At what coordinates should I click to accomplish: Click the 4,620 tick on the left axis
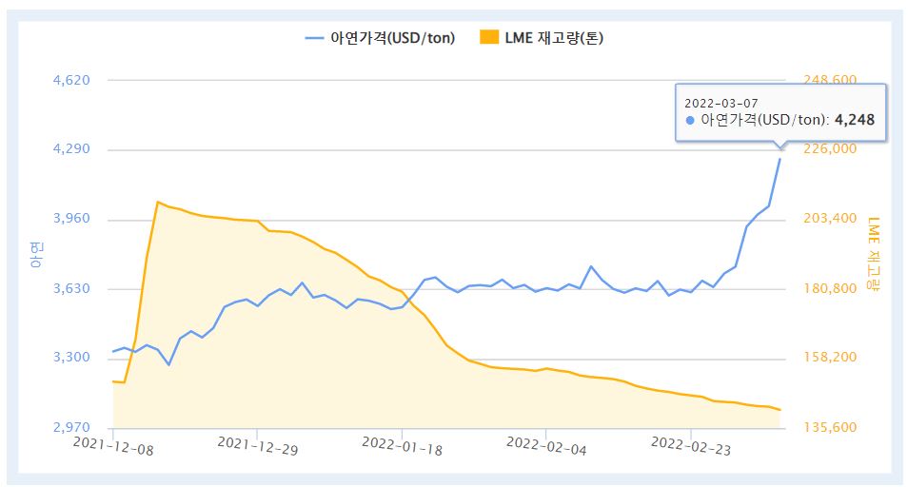pyautogui.click(x=71, y=81)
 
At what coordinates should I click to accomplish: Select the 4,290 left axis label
pyautogui.click(x=71, y=150)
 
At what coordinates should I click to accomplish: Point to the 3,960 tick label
pyautogui.click(x=71, y=220)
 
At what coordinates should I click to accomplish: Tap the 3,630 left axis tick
pyautogui.click(x=71, y=289)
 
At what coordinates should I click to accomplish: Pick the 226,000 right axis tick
pyautogui.click(x=831, y=149)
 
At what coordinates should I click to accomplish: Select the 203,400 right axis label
pyautogui.click(x=831, y=220)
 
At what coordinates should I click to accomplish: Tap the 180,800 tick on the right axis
pyautogui.click(x=831, y=289)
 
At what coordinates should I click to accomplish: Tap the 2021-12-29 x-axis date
pyautogui.click(x=257, y=443)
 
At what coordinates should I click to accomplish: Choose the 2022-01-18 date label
pyautogui.click(x=402, y=443)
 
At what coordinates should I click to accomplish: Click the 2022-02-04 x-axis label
pyautogui.click(x=546, y=443)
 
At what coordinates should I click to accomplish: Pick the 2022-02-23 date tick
pyautogui.click(x=690, y=443)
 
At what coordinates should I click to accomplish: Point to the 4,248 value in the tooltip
pyautogui.click(x=855, y=121)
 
